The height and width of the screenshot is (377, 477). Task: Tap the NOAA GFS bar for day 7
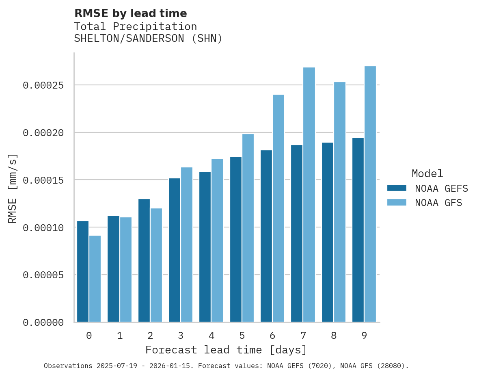click(309, 195)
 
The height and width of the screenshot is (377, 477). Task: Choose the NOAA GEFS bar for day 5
click(236, 239)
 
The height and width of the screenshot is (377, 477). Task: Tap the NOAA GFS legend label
click(438, 203)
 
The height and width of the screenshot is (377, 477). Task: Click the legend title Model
click(427, 173)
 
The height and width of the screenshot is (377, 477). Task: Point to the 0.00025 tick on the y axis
click(43, 85)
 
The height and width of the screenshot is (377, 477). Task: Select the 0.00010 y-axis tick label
click(43, 227)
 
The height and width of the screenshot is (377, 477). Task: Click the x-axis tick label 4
click(212, 336)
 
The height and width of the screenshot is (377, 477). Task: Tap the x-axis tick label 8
click(334, 336)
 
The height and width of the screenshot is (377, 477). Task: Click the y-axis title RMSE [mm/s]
click(13, 188)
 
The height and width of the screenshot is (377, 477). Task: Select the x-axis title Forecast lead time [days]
click(226, 350)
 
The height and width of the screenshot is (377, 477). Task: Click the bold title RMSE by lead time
click(131, 13)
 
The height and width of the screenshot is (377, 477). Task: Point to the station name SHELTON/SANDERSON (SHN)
click(148, 39)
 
